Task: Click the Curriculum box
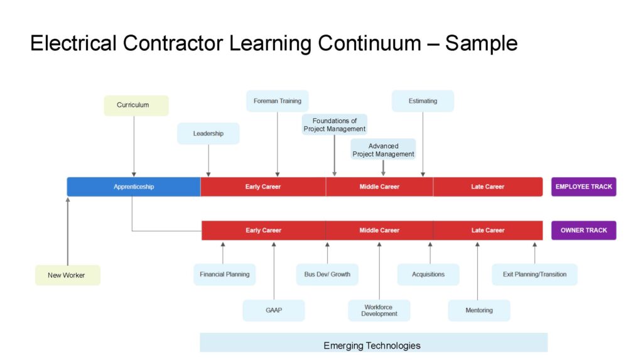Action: (x=136, y=106)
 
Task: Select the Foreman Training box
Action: (x=277, y=101)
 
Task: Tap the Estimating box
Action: (x=423, y=101)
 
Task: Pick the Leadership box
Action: (x=208, y=134)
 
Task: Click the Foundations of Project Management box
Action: (x=334, y=125)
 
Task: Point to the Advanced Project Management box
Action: (x=383, y=150)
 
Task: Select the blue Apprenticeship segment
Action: (x=134, y=187)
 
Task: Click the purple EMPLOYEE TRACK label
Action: (x=583, y=187)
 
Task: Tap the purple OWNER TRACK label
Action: (x=583, y=231)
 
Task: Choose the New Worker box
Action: (x=67, y=275)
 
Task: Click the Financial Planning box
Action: (x=224, y=275)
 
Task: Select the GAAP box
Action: (x=274, y=310)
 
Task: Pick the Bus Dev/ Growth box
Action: (x=327, y=275)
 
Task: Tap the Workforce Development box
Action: (x=379, y=310)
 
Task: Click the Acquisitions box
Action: (x=428, y=275)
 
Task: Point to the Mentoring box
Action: (x=478, y=310)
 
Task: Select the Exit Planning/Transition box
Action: (x=534, y=275)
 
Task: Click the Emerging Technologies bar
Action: (x=372, y=345)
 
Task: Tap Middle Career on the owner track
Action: (x=379, y=231)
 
